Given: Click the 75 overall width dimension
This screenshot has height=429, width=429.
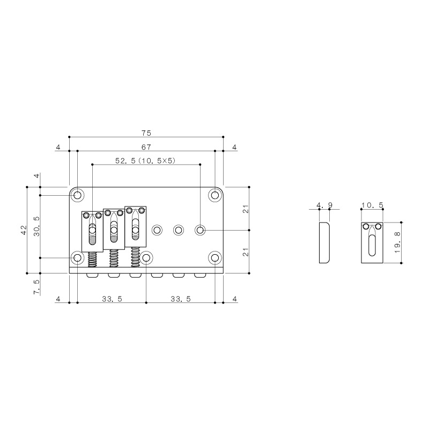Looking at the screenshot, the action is pos(146,133).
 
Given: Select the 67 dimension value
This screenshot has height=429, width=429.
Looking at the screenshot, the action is pos(146,147).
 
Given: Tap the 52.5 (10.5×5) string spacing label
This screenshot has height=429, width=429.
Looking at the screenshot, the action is pos(145,160).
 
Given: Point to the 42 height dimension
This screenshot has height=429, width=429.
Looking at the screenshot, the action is pos(24,230).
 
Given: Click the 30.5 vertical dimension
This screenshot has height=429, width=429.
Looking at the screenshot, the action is pos(37,226).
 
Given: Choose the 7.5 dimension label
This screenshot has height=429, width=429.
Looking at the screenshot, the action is pos(36,287).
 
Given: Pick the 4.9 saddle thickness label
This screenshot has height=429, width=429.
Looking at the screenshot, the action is pos(324,205).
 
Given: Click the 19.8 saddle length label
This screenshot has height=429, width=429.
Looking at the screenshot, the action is pos(397,242).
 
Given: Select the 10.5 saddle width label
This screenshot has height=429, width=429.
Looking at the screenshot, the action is pos(372,205).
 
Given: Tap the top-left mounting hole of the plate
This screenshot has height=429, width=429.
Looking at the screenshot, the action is pos(78,195).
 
